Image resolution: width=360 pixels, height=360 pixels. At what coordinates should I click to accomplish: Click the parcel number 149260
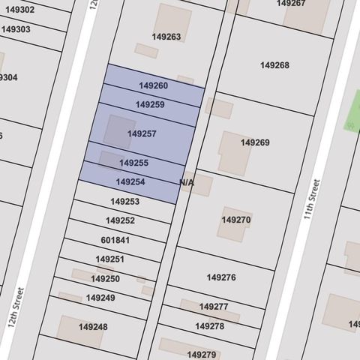pos(153,86)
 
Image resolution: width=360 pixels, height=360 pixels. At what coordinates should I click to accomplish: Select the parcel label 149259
pos(150,105)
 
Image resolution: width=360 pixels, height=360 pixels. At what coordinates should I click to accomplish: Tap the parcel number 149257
pos(142,133)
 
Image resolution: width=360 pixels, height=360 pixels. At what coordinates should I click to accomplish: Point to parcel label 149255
pos(133,163)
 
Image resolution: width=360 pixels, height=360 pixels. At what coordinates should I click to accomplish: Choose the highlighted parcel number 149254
pos(130,181)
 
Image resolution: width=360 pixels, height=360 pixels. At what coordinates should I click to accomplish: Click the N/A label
pos(187,182)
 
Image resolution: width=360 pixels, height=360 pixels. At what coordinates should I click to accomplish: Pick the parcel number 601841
pos(115,240)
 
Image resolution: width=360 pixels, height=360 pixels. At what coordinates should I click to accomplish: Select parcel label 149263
pos(166,36)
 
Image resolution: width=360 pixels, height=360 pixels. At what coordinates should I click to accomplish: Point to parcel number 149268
pos(274,65)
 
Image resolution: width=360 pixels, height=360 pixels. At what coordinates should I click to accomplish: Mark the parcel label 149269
pos(255,142)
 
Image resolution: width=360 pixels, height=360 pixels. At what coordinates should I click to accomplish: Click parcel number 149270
pos(235,220)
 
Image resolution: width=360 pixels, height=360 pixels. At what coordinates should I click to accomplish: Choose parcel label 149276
pos(221,277)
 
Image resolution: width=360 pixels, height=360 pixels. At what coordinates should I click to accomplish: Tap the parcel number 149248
pos(93,327)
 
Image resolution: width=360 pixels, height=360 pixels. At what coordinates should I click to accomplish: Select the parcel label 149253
pos(124,202)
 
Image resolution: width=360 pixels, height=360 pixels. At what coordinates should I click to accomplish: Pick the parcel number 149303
pos(16,29)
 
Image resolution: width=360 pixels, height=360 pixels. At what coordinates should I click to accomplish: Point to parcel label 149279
pos(202,354)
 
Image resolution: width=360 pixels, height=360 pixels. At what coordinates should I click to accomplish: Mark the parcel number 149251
pos(109,259)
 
